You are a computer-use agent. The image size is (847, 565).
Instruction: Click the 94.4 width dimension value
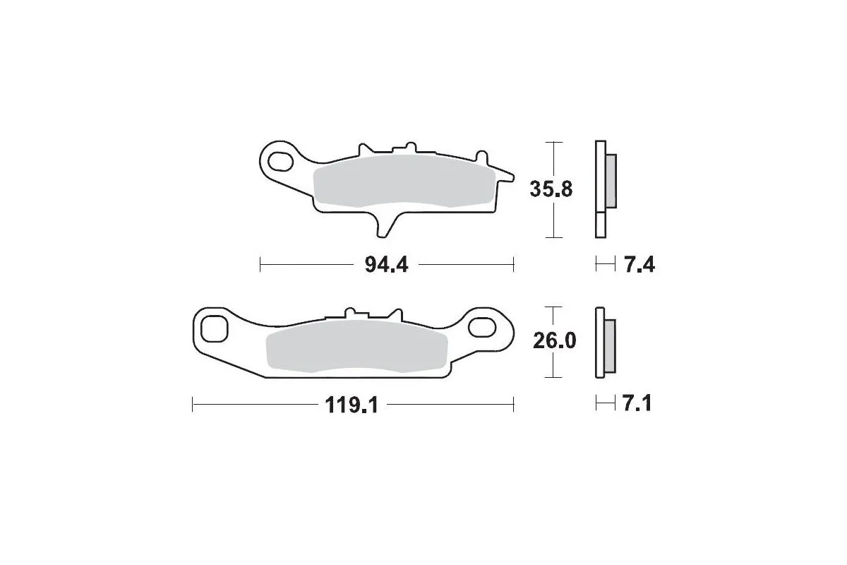tap(387, 266)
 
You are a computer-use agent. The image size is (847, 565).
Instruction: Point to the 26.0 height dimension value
tap(554, 342)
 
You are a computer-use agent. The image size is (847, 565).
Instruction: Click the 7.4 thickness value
tap(639, 266)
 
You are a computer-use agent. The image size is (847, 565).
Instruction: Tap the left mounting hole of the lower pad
tap(212, 328)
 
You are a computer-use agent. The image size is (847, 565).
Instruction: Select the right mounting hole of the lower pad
tap(483, 327)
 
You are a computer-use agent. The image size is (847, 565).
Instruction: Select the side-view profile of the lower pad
tap(601, 343)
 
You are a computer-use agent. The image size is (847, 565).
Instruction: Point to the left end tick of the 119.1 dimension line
tap(193, 405)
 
